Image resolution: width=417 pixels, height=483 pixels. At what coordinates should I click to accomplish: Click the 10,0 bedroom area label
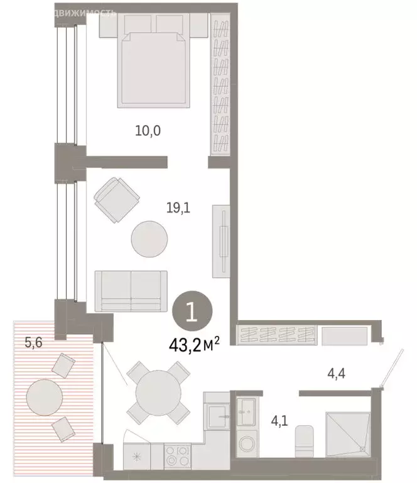click(x=148, y=131)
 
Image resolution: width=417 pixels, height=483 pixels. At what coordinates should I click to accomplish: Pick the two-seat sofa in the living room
click(x=131, y=291)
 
